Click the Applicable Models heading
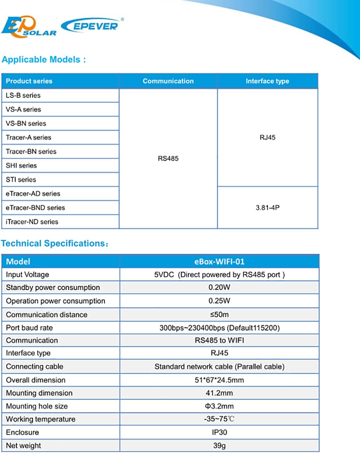click(x=43, y=59)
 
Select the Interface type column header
click(x=267, y=81)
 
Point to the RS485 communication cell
click(x=168, y=158)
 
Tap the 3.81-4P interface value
click(x=267, y=208)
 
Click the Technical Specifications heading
click(x=54, y=244)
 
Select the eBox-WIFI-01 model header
click(x=219, y=262)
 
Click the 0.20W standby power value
click(x=219, y=288)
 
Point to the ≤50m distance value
click(x=219, y=315)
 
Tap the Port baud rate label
click(x=29, y=328)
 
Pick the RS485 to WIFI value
click(x=219, y=340)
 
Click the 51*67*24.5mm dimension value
click(x=219, y=380)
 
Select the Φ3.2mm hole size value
click(x=219, y=406)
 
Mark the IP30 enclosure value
click(x=219, y=432)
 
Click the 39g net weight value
click(x=219, y=446)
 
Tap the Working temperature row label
click(x=41, y=419)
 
